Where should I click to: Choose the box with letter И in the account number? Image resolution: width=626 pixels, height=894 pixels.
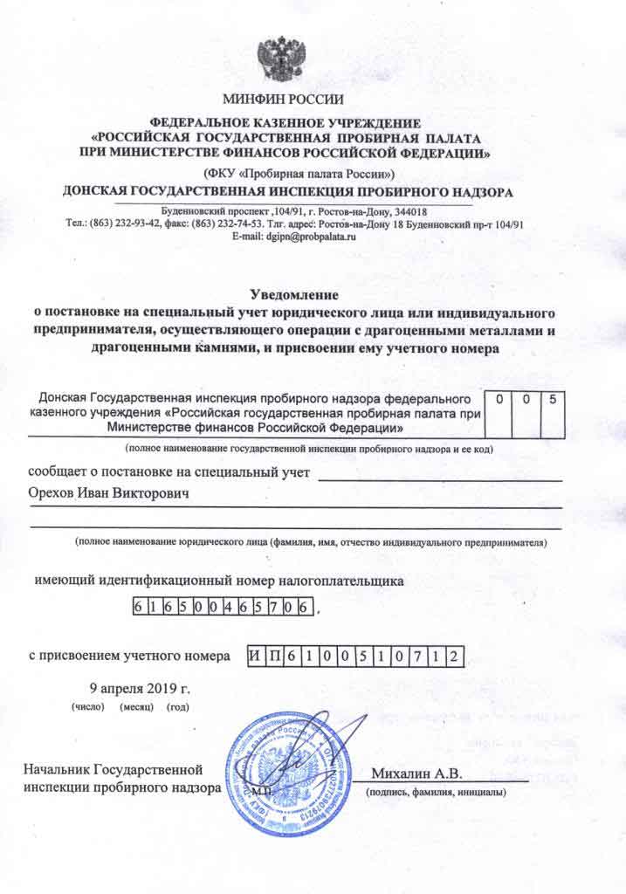tap(252, 656)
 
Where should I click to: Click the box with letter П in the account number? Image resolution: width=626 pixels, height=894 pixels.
tap(270, 656)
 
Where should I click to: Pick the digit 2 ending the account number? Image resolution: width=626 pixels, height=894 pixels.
tap(453, 656)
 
